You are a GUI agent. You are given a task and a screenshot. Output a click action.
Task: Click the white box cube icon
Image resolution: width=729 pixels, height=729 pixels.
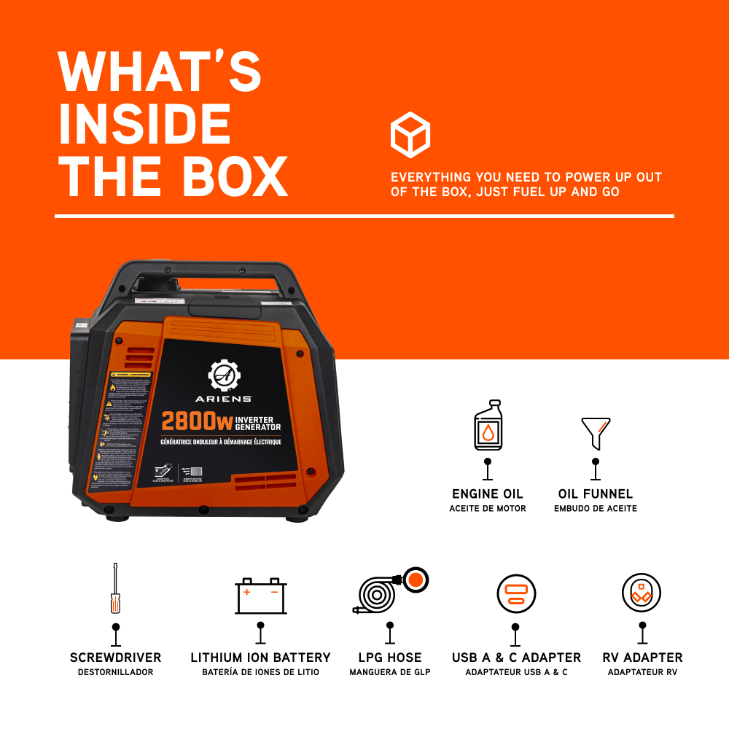point(410,135)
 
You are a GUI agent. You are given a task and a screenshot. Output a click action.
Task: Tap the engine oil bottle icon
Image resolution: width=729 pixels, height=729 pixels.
point(488,426)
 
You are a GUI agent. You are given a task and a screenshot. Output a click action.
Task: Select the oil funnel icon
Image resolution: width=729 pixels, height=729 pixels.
point(595,433)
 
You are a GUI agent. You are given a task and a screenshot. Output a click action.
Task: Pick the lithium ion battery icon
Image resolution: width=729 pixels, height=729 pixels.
point(260,596)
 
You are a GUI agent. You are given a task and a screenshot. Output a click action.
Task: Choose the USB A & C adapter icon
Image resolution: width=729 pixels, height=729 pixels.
point(516,594)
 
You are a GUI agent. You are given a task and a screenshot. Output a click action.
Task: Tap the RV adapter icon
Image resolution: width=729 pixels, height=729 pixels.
point(642,593)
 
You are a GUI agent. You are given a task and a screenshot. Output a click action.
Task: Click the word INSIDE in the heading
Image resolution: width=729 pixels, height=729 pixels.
point(144,125)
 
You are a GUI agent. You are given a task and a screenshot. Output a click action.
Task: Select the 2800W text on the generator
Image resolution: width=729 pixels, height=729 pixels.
point(192,421)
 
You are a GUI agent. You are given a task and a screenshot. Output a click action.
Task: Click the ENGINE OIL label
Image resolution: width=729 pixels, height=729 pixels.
point(488,494)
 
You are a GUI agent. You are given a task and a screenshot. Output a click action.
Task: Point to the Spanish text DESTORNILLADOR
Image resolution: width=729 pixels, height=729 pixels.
point(115,671)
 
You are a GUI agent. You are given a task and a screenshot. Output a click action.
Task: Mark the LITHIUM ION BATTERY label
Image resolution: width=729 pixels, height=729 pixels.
point(260,658)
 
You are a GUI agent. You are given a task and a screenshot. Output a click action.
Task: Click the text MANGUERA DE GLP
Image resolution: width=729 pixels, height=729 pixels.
point(390,671)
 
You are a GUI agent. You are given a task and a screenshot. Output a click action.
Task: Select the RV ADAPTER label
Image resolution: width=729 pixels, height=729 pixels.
point(642,658)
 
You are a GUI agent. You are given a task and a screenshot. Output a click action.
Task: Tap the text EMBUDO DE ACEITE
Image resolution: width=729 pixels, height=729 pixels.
point(595,508)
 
